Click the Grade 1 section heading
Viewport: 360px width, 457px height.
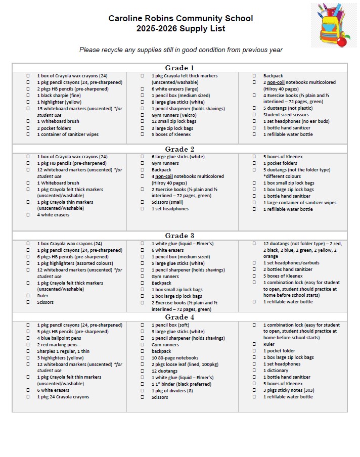pos(179,68)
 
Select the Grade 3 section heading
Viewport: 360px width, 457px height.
pos(179,236)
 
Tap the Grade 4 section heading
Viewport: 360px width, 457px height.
pos(179,317)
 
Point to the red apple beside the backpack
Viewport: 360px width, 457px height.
pos(342,41)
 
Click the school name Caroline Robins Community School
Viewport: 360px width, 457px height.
pos(181,19)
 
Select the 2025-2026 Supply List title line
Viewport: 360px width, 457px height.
pos(181,28)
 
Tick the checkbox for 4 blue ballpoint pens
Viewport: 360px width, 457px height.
pos(28,338)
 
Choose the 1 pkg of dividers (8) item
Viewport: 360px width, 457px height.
pos(172,391)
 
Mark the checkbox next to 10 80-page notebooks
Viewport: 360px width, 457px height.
pos(142,358)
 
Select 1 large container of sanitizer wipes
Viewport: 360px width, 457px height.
pos(299,203)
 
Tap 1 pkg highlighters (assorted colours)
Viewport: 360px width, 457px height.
pos(75,263)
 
